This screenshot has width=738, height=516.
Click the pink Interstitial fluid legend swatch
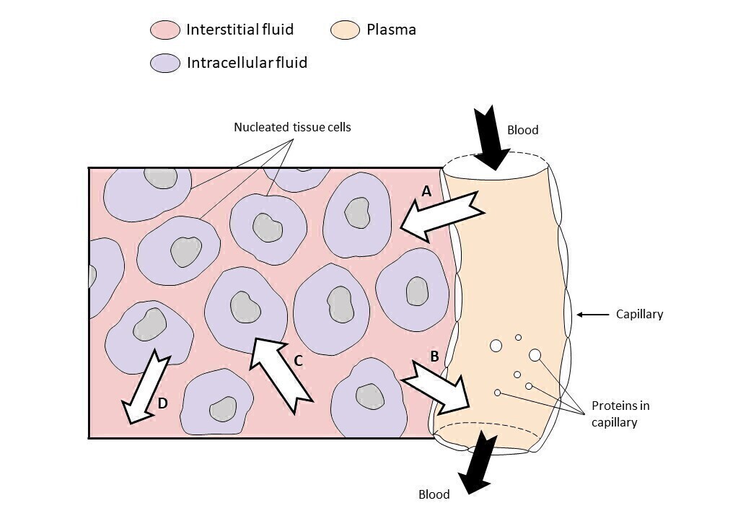(164, 30)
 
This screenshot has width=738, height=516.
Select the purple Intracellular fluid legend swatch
(164, 64)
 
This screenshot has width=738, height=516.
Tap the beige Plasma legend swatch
(345, 30)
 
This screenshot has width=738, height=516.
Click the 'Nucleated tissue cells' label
(292, 127)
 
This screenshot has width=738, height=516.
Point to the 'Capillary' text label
(639, 314)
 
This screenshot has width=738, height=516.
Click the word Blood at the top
(523, 130)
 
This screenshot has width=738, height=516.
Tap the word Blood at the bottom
(434, 494)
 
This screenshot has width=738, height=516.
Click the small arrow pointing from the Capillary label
(592, 315)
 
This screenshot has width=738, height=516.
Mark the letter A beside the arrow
(426, 191)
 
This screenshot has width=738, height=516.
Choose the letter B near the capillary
(434, 356)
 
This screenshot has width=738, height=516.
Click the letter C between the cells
(297, 361)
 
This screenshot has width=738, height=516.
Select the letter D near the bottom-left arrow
(162, 403)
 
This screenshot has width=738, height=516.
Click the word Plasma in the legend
(391, 30)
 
